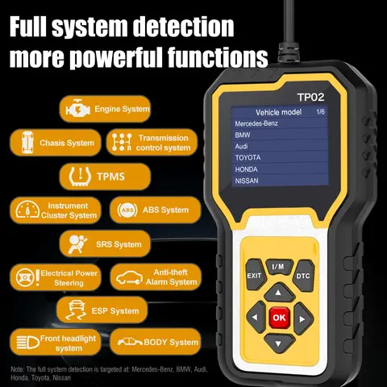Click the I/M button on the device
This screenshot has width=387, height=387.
click(x=278, y=266)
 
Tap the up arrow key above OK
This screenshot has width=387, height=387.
click(x=278, y=292)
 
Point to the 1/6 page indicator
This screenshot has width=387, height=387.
click(x=320, y=111)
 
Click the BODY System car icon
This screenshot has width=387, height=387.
click(x=127, y=342)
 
